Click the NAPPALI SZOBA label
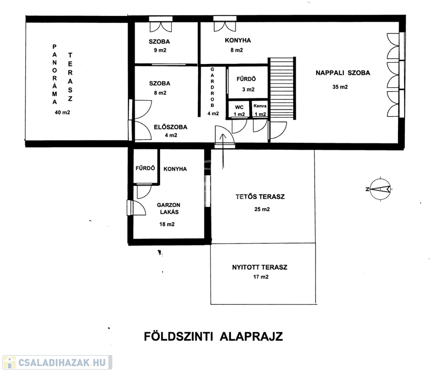pos(343,73)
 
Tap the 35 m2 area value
pos(340,87)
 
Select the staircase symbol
pos(282,88)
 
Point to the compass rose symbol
pos(380,189)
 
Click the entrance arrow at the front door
pos(223,151)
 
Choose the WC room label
pos(239,107)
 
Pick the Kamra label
pos(260,106)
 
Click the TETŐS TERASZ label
pos(260,196)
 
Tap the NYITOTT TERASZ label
pos(260,267)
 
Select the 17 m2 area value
pos(261,277)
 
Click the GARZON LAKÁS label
pos(169,208)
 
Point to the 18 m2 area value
pos(167,224)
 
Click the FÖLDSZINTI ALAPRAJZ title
pos(213,336)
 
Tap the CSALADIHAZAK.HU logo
pos(57,362)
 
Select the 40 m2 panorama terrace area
pos(62,112)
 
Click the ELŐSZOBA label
pos(171,127)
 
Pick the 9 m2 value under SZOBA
pos(160,50)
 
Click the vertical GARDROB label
pos(212,87)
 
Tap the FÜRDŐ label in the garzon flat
pos(145,168)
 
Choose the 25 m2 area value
pos(262,209)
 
